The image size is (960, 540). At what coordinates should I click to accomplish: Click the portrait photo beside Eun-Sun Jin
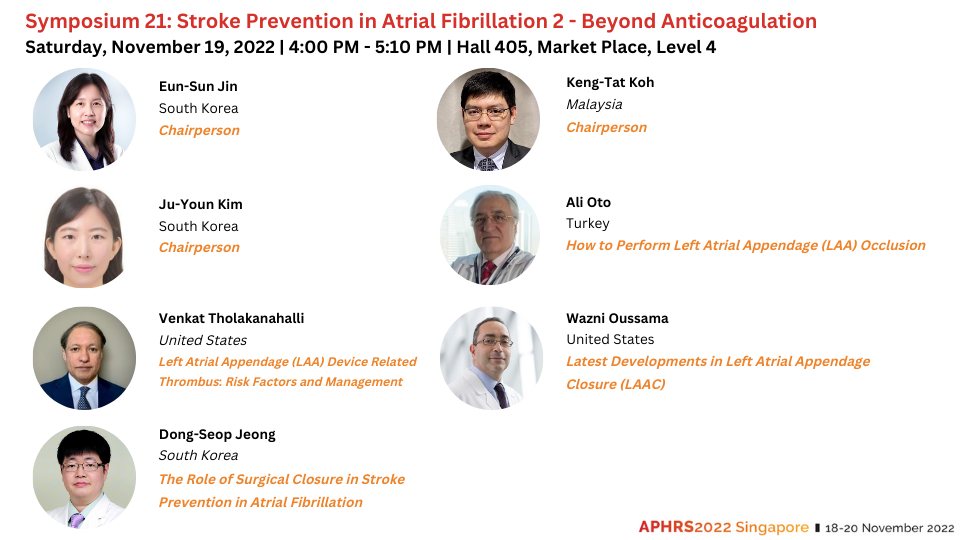(x=84, y=119)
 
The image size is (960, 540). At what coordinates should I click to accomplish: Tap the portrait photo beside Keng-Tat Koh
(x=489, y=119)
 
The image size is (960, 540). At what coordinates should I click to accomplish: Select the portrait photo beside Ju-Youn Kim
(x=84, y=237)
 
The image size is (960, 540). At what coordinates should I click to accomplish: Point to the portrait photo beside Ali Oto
(x=490, y=235)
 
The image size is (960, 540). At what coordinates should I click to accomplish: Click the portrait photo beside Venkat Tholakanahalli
(x=84, y=358)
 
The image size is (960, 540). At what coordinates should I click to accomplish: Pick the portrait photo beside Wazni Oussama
(x=491, y=358)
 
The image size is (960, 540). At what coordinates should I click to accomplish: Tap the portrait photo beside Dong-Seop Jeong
(x=84, y=477)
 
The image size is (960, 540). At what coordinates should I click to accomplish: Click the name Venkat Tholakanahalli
(x=231, y=318)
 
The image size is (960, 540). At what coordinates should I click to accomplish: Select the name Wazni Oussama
(x=617, y=318)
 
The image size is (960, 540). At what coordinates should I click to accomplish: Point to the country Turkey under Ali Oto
(x=588, y=223)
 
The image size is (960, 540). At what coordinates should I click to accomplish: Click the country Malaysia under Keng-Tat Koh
(x=594, y=105)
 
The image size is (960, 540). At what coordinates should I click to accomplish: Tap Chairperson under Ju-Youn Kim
(x=200, y=247)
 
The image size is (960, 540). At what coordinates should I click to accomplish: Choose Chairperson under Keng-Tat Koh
(x=607, y=127)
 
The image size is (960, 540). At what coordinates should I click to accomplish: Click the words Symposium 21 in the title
(x=98, y=21)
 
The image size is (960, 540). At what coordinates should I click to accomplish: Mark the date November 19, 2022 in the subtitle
(x=193, y=47)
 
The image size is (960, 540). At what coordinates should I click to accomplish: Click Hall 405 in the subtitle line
(x=493, y=47)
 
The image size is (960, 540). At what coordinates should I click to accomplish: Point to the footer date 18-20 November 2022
(x=890, y=528)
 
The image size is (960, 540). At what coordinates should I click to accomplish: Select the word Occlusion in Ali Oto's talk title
(x=893, y=246)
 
